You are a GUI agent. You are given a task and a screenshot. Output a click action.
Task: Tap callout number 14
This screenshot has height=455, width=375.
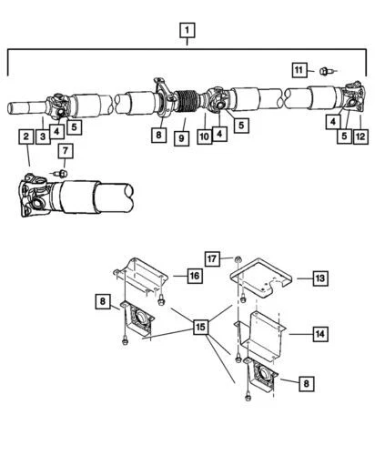pyautogui.click(x=320, y=333)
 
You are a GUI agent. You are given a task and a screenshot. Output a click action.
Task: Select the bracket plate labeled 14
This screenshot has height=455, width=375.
pyautogui.click(x=267, y=333)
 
